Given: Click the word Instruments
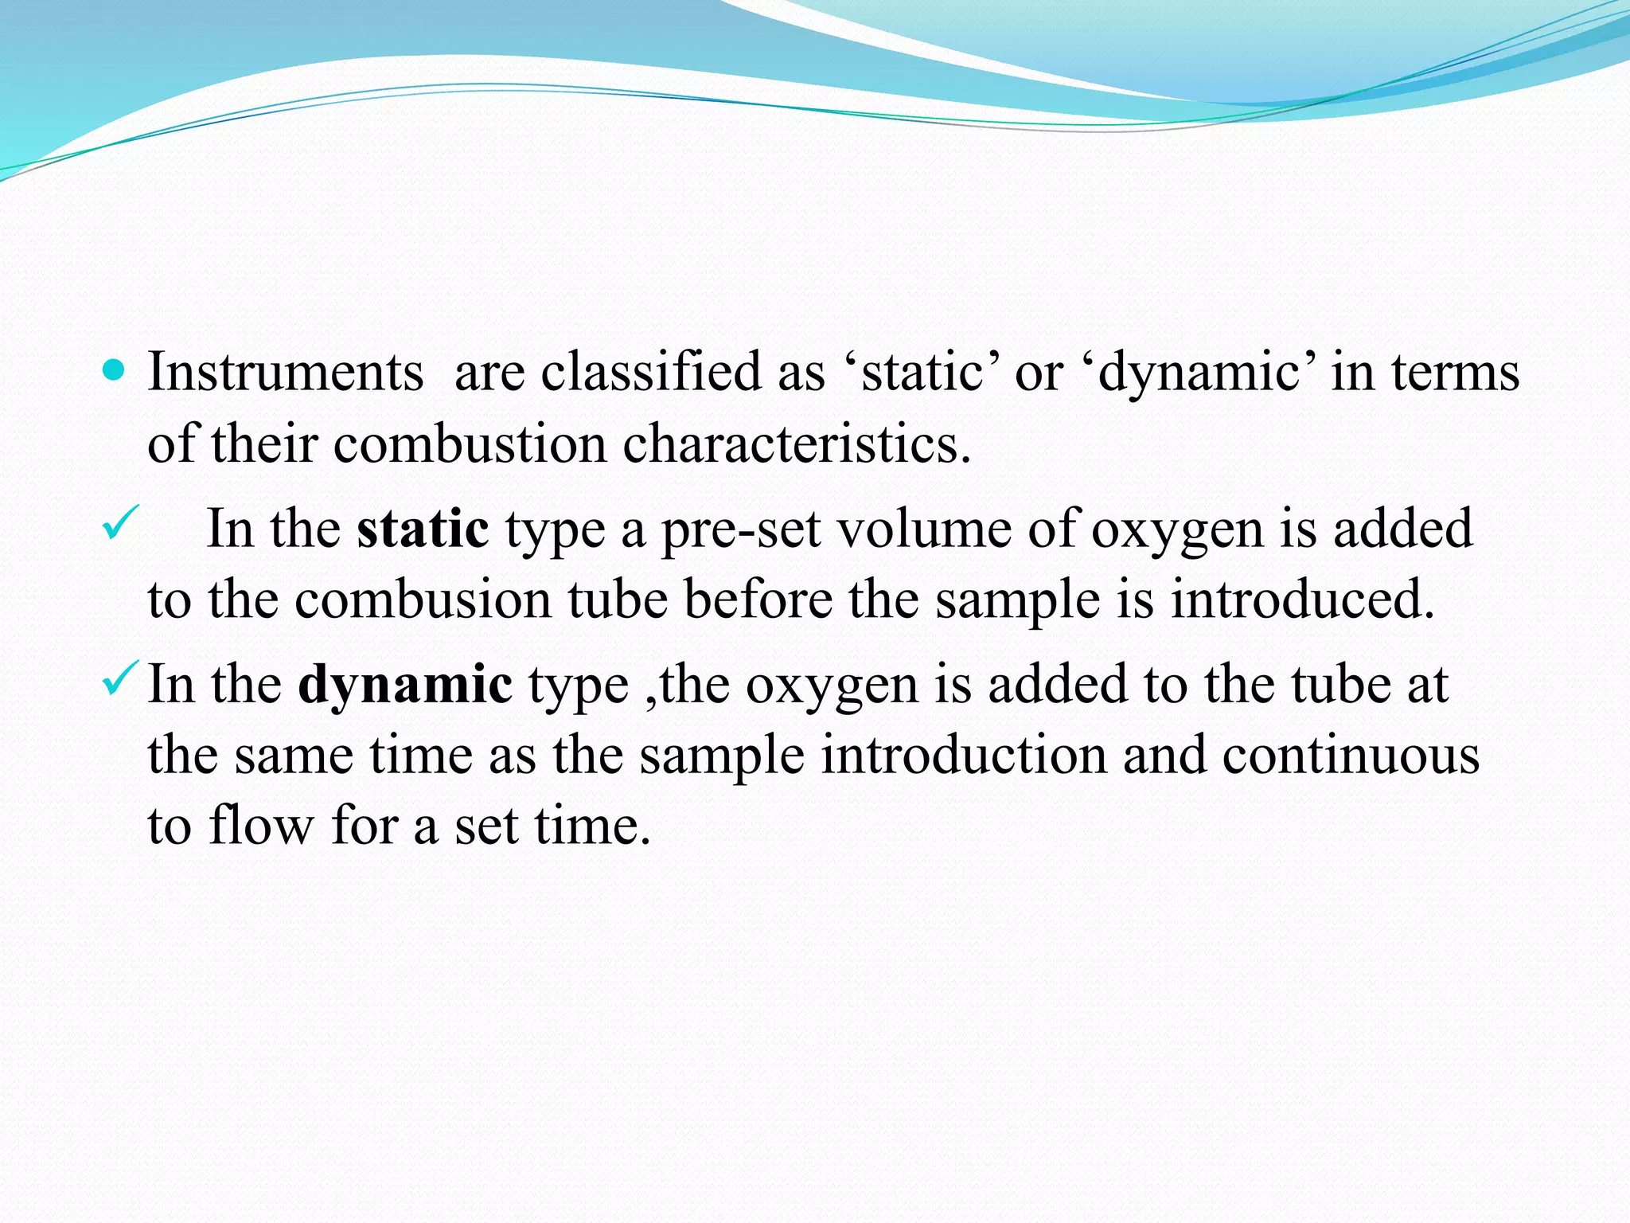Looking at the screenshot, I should point(286,373).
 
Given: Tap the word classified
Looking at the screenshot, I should point(651,373).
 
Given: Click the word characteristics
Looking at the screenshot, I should point(796,444).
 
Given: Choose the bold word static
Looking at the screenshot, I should point(423,529).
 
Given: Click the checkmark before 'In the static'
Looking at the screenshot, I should point(120,522).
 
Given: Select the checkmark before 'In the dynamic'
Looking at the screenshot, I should point(120,678).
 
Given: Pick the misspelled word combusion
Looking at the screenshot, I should point(423,600).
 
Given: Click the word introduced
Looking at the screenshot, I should point(1302,600).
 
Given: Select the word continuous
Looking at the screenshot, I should point(1351,756).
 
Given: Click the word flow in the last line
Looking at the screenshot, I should point(262,826).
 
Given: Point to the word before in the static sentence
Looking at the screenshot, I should point(758,600).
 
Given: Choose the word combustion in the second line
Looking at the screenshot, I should point(470,444).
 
